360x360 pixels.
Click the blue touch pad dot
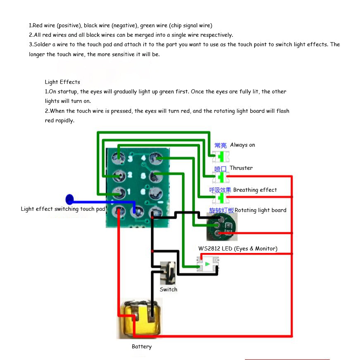pyautogui.click(x=70, y=200)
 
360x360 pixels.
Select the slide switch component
pyautogui.click(x=168, y=273)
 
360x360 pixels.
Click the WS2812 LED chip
pyautogui.click(x=208, y=264)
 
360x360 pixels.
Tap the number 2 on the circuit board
pyautogui.click(x=130, y=175)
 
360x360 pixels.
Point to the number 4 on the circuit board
pyautogui.click(x=143, y=158)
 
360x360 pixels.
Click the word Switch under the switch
pyautogui.click(x=168, y=289)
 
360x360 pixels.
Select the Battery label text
pyautogui.click(x=141, y=346)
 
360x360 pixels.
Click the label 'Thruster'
pyautogui.click(x=241, y=168)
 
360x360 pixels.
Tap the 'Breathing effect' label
pyautogui.click(x=255, y=190)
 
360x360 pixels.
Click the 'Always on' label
pyautogui.click(x=243, y=145)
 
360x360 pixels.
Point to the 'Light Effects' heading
pyautogui.click(x=62, y=82)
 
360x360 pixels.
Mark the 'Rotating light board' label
pyautogui.click(x=260, y=210)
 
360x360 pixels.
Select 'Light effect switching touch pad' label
pyautogui.click(x=63, y=209)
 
